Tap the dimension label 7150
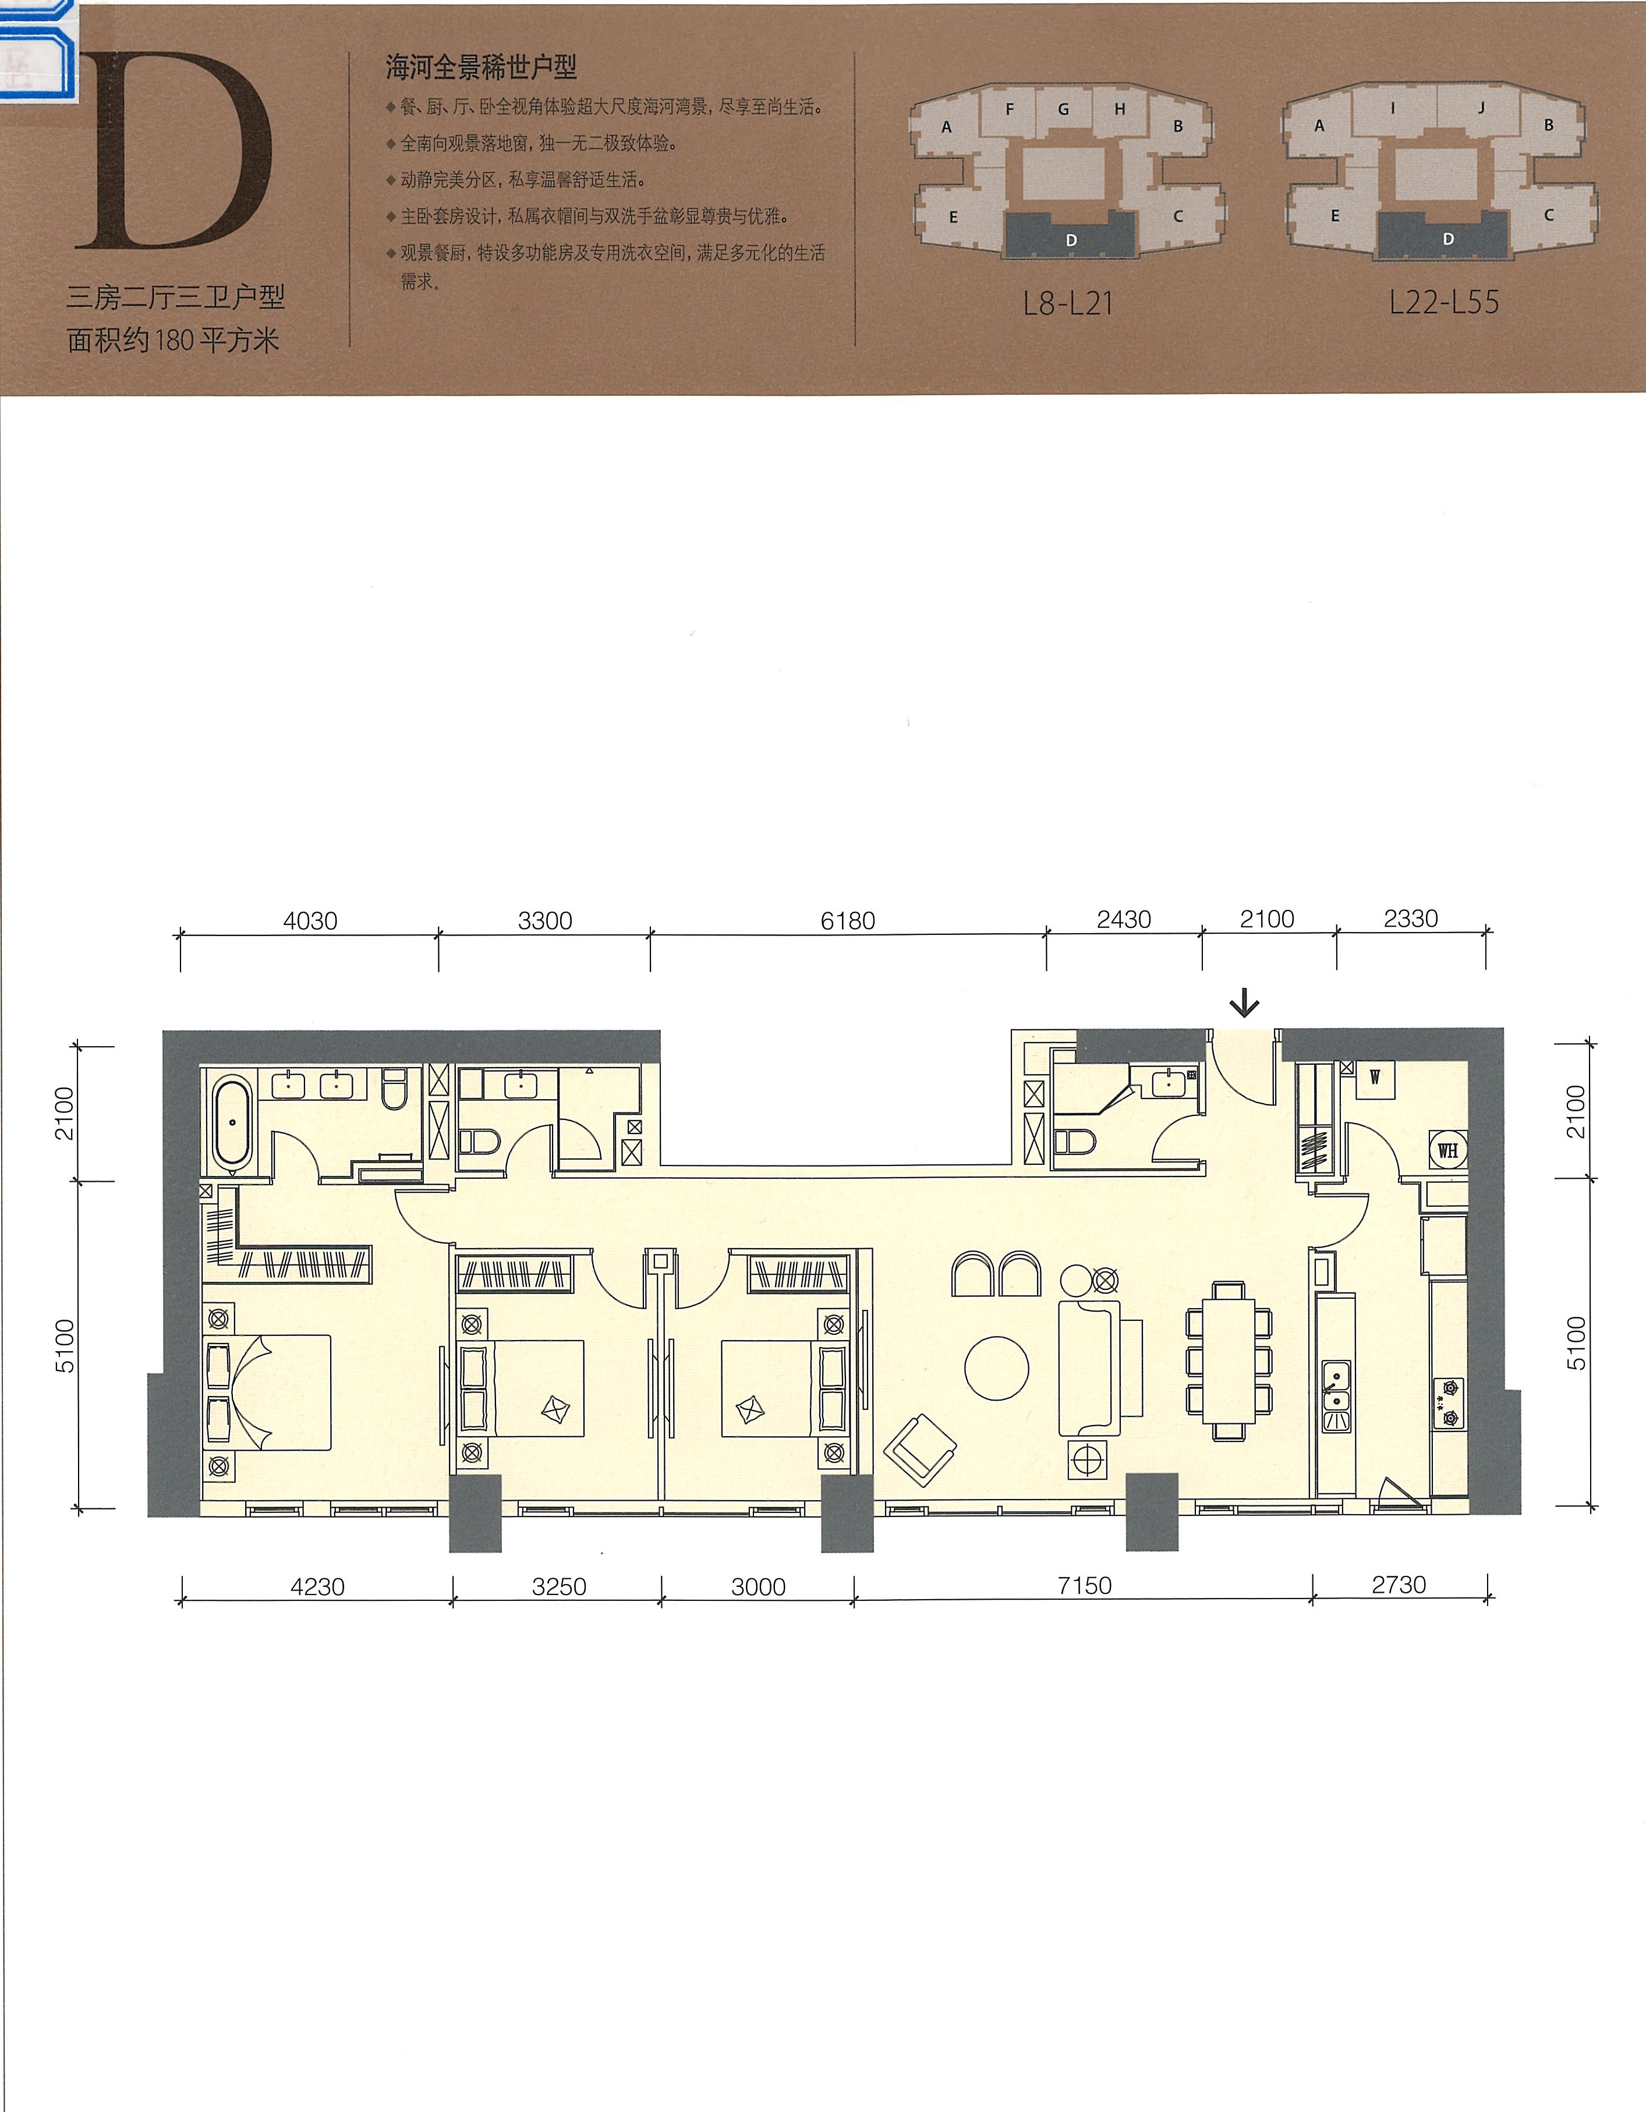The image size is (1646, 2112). coord(1084,1586)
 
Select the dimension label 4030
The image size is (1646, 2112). coord(310,920)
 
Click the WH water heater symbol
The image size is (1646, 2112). coord(1447,1150)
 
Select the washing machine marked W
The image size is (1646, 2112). coord(1374,1078)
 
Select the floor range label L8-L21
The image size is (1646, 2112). coord(1068,304)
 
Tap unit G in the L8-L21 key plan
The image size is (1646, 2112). coord(1064,109)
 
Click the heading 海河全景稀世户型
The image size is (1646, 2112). coord(482,67)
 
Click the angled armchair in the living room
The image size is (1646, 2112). coord(920,1448)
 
